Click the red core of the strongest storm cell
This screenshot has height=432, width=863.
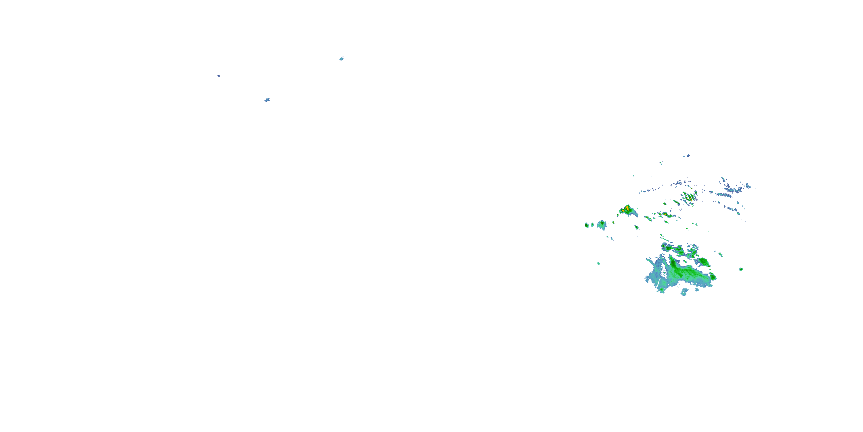627,208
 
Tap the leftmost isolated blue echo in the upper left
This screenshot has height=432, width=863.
218,76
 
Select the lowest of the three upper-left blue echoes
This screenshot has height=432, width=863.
267,100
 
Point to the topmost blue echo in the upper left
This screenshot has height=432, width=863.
341,59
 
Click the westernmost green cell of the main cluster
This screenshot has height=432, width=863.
587,225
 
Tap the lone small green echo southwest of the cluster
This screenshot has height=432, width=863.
598,263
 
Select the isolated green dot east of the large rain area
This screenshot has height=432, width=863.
741,269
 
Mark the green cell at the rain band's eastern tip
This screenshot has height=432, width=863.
713,277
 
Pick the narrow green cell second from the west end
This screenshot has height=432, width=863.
592,224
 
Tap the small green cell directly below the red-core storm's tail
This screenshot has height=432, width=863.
637,228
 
